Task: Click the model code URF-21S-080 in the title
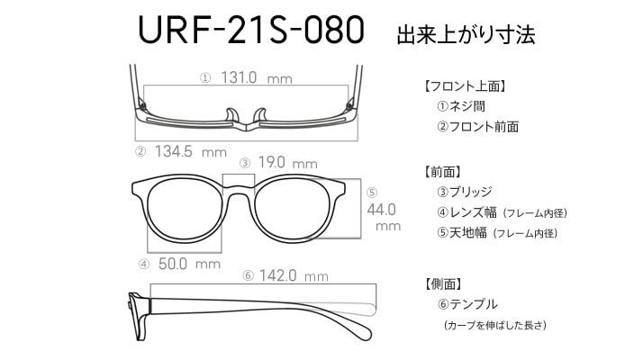coord(251,30)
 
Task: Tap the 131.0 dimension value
coord(239,77)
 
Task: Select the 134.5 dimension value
coord(174,151)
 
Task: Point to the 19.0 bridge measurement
coord(271,162)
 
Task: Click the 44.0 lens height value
coord(381,210)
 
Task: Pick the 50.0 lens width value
coord(173,264)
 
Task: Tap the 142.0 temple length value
coord(277,275)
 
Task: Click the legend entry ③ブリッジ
coord(464,192)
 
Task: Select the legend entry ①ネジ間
coord(461,106)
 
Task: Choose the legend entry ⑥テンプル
coord(467,304)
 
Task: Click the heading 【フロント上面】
coord(464,86)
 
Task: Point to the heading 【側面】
coord(443,283)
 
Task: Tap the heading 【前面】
coord(443,172)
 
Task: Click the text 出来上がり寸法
coord(466,35)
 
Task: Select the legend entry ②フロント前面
coord(477,127)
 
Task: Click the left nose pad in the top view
coord(231,115)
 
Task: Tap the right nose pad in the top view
coord(260,115)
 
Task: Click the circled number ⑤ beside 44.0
coord(372,193)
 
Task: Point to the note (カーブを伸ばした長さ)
coord(495,325)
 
